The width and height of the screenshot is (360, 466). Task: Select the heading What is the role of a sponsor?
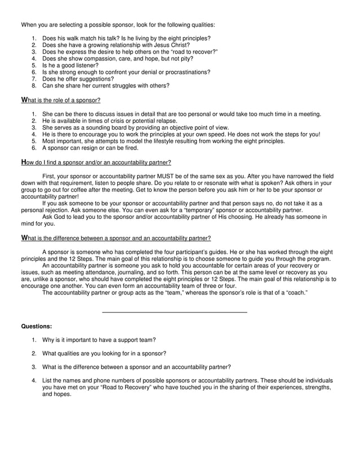point(60,100)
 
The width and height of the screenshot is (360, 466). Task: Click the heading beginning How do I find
point(96,162)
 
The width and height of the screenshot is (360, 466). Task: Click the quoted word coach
point(295,292)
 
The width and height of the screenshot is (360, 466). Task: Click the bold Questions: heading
point(36,326)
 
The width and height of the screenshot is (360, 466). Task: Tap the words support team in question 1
point(138,340)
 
